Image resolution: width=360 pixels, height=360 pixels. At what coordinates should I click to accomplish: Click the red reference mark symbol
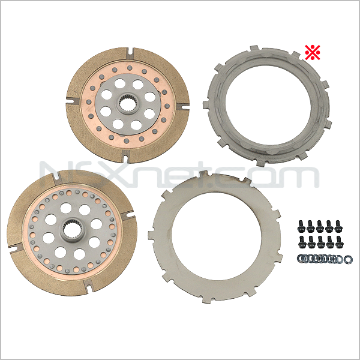coord(313,53)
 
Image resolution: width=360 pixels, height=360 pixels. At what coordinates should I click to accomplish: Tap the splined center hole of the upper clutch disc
coord(126,104)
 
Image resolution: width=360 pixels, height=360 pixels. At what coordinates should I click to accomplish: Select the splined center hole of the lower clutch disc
coord(72,229)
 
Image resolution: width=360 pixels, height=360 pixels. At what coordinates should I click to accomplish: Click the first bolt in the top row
coord(301,226)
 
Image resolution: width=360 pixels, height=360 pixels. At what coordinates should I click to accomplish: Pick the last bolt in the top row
coord(338,226)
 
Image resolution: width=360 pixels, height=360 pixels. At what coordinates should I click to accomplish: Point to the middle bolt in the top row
coord(320,226)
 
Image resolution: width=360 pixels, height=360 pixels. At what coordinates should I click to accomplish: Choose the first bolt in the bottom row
coord(301,242)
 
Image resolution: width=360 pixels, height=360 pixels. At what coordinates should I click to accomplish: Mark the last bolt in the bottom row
coord(340,242)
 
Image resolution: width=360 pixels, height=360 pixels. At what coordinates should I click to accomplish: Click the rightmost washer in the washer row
coord(347,259)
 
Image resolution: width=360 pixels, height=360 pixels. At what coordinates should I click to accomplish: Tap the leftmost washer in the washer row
coord(302,259)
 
